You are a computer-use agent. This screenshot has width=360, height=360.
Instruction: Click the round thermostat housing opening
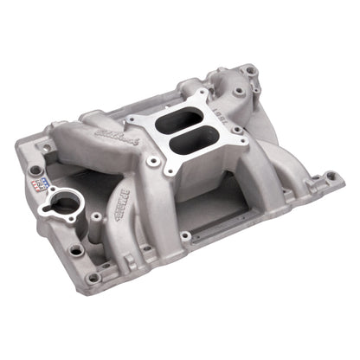tap(66, 204)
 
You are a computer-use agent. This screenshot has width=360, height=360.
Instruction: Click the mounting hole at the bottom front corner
tap(93, 278)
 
